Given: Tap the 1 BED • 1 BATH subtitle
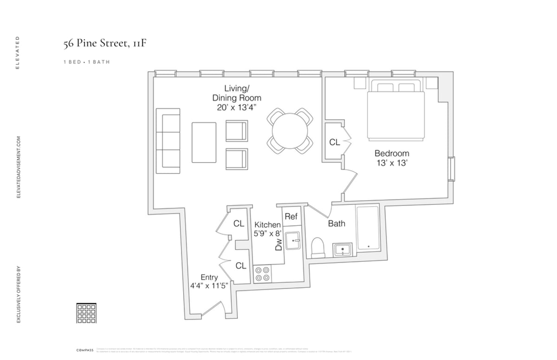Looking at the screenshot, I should pos(87,62).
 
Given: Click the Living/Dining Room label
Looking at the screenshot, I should pos(237,98).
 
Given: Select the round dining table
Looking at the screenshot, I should pos(290,130).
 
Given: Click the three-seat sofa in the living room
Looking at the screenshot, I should pos(168,141).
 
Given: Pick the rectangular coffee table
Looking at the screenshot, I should pos(204,142).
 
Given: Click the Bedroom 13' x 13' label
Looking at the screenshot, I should pos(392,158).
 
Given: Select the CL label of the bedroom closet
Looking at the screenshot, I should pos(335,142).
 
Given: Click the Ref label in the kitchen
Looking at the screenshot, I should pos(291,217).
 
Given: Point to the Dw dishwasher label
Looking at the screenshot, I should pos(278,244).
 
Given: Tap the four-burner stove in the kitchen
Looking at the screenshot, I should pos(262,274).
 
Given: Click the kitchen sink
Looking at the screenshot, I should pos(293,241).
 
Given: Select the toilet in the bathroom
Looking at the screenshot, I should pos(318,248).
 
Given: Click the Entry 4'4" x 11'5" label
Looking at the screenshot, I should pos(209,282).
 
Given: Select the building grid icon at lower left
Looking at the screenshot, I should pos(86,313).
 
